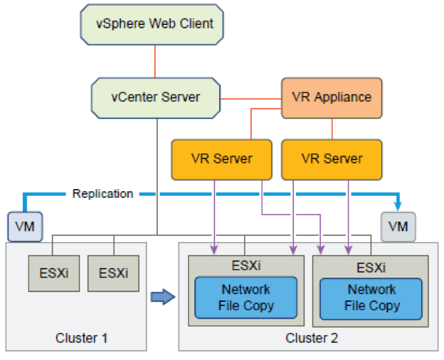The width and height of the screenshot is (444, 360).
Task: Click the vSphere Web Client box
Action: pos(154,24)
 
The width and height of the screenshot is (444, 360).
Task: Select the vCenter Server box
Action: pos(156,98)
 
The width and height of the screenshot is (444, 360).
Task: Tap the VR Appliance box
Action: pos(331,98)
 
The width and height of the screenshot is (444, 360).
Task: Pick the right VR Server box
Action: pos(332,159)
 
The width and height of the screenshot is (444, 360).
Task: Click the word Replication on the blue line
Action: pos(102,194)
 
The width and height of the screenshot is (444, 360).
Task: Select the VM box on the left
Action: pos(24,226)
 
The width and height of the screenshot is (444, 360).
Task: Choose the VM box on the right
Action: pos(398,226)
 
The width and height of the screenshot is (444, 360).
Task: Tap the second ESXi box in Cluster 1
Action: pos(113,273)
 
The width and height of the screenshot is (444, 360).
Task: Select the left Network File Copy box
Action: pos(246,298)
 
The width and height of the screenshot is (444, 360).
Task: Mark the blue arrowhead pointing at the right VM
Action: pos(398,205)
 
